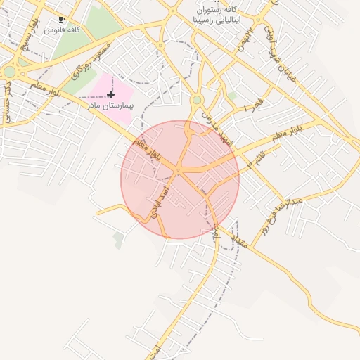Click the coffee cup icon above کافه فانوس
coord(61,20)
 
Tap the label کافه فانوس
coord(61,31)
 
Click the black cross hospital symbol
coord(111,94)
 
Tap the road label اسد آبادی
coord(160,198)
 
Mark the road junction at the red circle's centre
coord(179,171)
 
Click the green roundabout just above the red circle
coord(197,101)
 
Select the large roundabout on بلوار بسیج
coord(9,72)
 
